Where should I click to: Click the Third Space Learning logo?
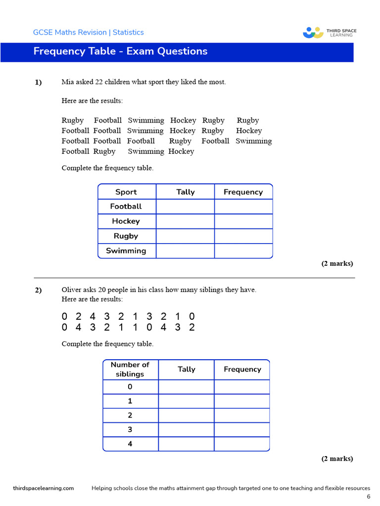[x=330, y=33]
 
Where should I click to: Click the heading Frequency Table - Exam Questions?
[x=120, y=51]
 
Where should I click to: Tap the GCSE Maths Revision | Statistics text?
[x=88, y=33]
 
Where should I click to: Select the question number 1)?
[x=38, y=83]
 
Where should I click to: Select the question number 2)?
[x=38, y=291]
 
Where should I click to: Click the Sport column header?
[x=126, y=192]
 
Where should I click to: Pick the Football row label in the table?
[x=126, y=207]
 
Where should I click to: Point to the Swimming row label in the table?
[x=126, y=251]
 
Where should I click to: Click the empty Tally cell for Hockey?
[x=185, y=221]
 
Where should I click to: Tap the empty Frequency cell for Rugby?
[x=243, y=236]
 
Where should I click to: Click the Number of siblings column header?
[x=130, y=370]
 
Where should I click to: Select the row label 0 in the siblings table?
[x=130, y=387]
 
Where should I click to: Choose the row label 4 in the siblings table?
[x=130, y=444]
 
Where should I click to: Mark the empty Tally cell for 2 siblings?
[x=186, y=416]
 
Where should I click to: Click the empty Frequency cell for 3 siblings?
[x=242, y=430]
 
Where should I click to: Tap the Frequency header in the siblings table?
[x=242, y=370]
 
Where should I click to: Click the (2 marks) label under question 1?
[x=337, y=263]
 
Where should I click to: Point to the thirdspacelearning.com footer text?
[x=44, y=488]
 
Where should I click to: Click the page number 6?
[x=368, y=497]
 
